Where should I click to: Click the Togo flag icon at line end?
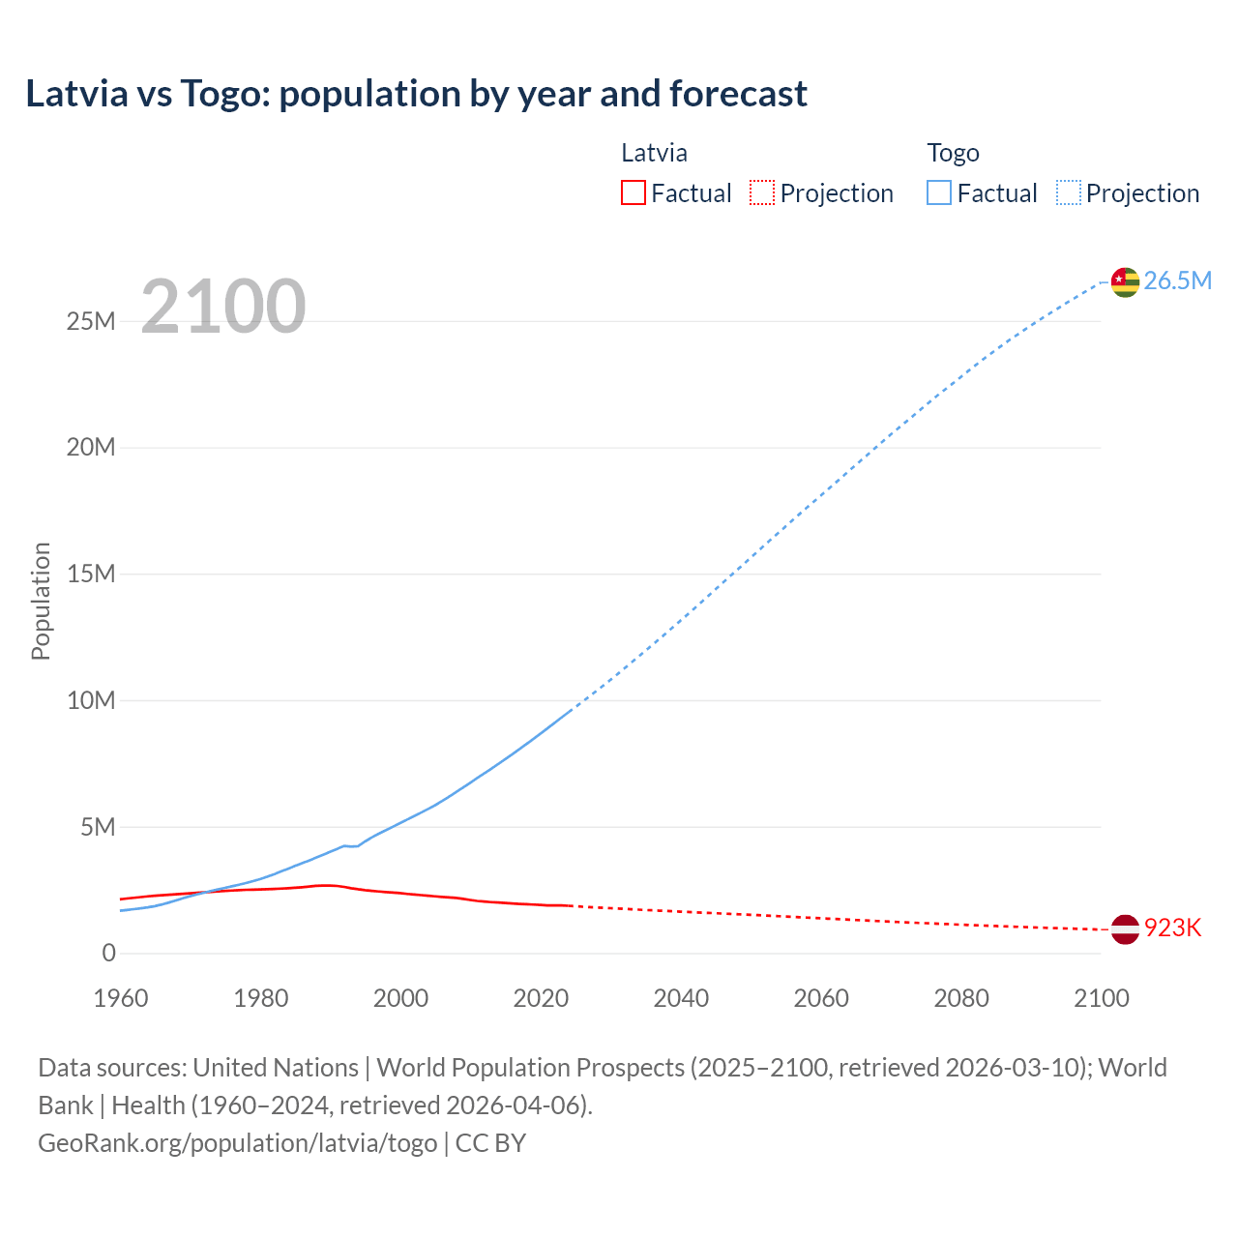1125,281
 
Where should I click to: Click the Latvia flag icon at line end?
1125,928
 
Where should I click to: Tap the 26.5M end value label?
1177,281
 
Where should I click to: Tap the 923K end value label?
1172,928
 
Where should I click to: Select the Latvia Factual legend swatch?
633,193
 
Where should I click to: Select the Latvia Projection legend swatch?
762,193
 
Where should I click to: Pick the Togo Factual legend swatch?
939,193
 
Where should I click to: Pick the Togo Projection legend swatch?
1069,193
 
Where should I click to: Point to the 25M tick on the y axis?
91,321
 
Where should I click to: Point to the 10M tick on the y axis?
91,700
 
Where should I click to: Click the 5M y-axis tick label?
98,827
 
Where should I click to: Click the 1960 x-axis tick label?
121,998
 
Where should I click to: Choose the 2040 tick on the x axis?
681,998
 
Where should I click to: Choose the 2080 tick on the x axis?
961,998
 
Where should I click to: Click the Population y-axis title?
41,601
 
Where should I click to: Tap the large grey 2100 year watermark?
223,307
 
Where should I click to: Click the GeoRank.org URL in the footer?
237,1143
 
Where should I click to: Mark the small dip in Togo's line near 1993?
353,846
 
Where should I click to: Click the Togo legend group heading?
953,153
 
